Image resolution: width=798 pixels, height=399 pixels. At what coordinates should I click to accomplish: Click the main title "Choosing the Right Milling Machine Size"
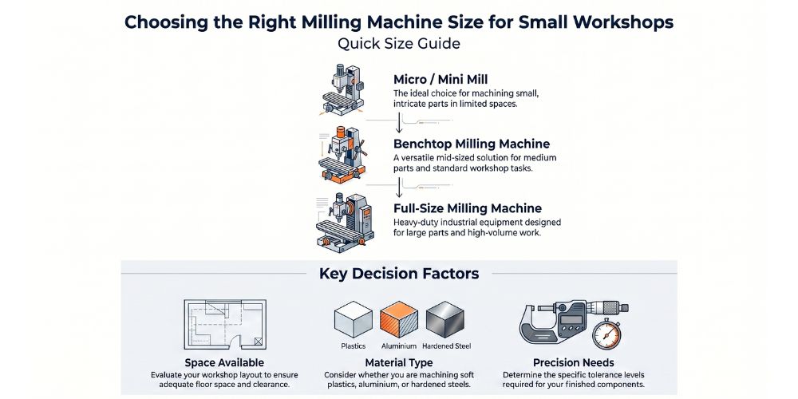point(398,22)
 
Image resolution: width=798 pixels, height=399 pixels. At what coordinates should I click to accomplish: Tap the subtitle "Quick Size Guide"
point(398,44)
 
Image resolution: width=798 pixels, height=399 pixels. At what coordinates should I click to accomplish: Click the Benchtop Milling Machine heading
point(471,144)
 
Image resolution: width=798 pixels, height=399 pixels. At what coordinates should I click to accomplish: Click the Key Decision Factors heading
point(398,274)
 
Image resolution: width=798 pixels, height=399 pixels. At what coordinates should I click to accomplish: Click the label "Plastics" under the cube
point(353,346)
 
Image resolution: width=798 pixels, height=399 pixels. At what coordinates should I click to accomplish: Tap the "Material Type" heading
point(398,363)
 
